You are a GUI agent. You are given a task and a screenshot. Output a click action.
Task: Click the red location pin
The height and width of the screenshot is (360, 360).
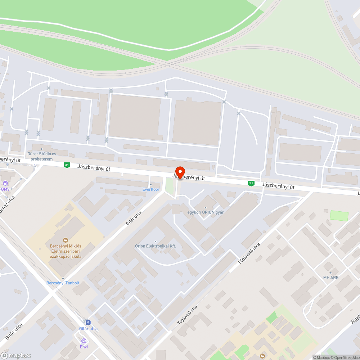180,172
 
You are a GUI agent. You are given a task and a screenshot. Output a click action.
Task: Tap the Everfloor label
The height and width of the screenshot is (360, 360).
151,189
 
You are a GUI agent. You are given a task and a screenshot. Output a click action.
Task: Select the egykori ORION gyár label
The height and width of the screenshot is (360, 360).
206,212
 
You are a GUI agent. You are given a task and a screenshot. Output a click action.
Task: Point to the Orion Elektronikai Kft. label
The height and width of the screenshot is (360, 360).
155,246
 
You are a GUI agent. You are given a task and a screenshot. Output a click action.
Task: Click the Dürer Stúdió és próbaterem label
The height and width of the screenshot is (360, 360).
42,156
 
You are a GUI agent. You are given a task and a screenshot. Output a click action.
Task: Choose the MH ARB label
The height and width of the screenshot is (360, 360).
331,277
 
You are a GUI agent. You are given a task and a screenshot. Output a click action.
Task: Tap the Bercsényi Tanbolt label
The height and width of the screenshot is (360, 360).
63,283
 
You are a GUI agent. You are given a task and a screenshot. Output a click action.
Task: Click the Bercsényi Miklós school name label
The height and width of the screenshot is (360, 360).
66,251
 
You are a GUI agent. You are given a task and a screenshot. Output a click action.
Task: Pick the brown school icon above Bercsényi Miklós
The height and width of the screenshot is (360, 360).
66,239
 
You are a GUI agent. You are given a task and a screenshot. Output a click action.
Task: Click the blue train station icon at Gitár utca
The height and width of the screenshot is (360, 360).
88,322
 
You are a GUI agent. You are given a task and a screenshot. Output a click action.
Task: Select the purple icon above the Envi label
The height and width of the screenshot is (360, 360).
84,341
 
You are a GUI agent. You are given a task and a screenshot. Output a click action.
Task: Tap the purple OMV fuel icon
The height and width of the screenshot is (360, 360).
5,183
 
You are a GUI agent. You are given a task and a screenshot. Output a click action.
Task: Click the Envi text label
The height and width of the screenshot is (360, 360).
84,347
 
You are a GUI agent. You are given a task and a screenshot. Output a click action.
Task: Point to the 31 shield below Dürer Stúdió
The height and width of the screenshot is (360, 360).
67,165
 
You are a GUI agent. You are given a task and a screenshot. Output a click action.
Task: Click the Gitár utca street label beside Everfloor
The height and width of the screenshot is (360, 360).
134,218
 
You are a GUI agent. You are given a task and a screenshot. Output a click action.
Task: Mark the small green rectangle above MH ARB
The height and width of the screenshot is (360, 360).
339,216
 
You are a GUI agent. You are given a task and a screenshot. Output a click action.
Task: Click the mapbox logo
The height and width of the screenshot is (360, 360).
16,355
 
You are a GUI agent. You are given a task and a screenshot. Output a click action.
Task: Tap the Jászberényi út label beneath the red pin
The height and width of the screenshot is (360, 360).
188,177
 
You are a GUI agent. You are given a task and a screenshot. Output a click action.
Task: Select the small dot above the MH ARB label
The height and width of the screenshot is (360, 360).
331,273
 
